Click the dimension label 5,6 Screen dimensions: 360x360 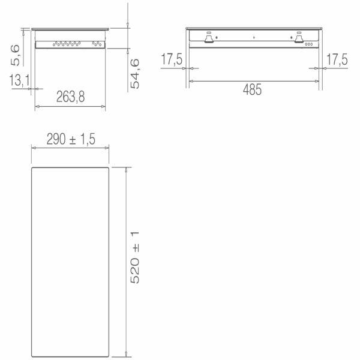15,55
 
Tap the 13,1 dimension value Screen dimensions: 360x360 20,80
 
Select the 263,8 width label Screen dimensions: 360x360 70,97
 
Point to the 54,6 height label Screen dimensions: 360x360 135,73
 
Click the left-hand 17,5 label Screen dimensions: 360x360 172,59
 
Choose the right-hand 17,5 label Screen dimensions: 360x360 337,59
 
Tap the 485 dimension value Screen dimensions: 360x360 252,89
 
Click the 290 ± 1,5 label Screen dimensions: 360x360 71,139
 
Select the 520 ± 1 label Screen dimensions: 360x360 135,257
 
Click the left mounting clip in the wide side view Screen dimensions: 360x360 209,38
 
